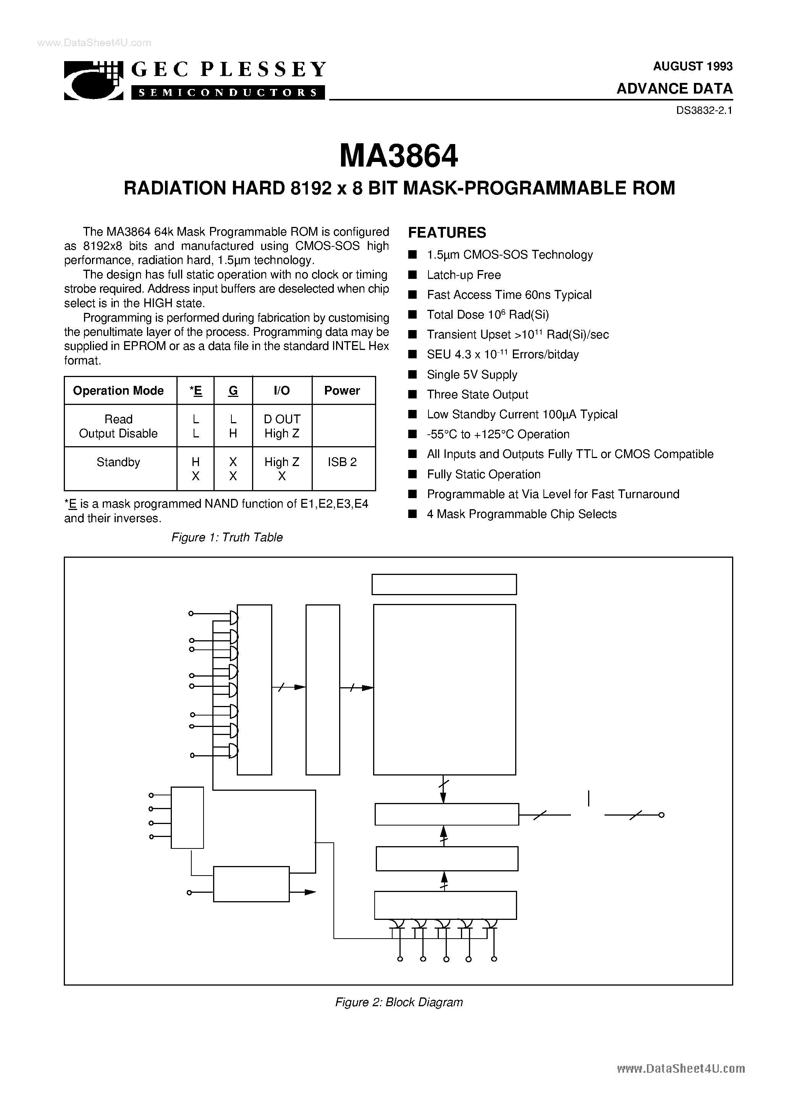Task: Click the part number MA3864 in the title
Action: tap(398, 156)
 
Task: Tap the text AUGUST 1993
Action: tap(692, 66)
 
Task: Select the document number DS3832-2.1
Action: tap(704, 110)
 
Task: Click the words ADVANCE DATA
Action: tap(674, 89)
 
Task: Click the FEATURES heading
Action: tap(446, 233)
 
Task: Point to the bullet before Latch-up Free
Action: tap(412, 275)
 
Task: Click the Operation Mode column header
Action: tap(118, 391)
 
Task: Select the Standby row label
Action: tap(118, 462)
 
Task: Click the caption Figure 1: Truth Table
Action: tap(227, 537)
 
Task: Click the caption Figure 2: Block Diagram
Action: tap(399, 1002)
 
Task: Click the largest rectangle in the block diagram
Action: tap(444, 690)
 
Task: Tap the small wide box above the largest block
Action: tap(444, 584)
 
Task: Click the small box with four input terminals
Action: tap(187, 818)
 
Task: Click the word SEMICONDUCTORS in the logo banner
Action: tap(228, 92)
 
